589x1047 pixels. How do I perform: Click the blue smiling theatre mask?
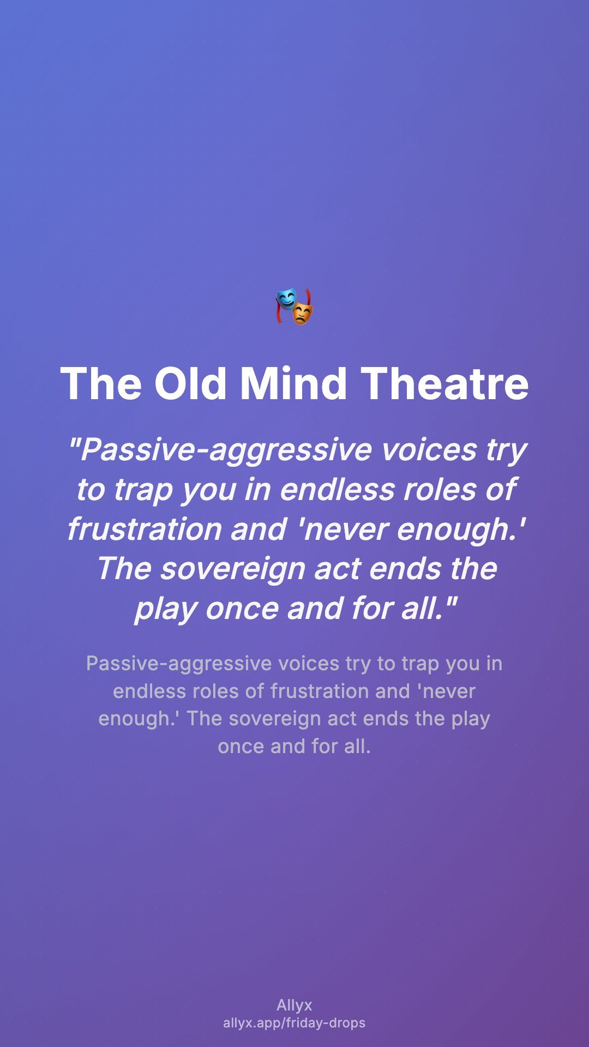(285, 300)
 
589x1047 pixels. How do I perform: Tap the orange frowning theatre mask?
(303, 314)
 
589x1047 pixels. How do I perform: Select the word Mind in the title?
(293, 383)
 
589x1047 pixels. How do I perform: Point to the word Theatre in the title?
(445, 383)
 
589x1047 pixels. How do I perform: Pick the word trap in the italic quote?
(144, 490)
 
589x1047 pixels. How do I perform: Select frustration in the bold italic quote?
(144, 529)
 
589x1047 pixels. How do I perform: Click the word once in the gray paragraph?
(241, 747)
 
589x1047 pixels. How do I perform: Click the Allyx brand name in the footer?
(294, 1006)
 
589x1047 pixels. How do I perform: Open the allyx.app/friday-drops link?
(294, 1023)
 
